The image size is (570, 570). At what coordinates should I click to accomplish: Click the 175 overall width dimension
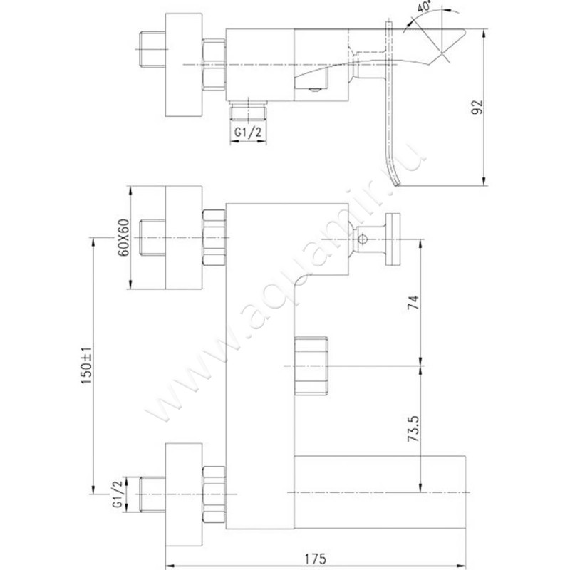coord(316,559)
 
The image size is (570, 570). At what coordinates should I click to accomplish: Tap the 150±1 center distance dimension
coord(87,366)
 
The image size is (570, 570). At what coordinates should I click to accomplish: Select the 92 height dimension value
coord(477,108)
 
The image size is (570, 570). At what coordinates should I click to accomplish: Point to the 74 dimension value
coord(413,303)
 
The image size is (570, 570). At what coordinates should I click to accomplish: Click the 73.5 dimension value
coord(413,429)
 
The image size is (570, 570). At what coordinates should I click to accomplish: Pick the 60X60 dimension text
coord(123,237)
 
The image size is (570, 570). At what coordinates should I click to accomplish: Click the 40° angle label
coord(423,6)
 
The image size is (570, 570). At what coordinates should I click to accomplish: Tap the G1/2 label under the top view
coord(248,132)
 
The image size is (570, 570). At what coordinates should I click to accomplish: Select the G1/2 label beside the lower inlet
coord(117,494)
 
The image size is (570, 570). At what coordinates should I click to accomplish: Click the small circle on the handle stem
coord(363,239)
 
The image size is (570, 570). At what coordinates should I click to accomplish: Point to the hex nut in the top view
coord(214,65)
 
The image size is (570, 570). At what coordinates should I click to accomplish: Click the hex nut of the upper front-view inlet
coord(214,237)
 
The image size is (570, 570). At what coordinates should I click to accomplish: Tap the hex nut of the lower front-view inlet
coord(214,494)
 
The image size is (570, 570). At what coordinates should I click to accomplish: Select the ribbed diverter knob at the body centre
coord(311,366)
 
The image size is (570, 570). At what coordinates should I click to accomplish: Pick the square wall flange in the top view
coord(184,65)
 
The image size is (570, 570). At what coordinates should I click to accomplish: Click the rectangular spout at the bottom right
coord(380,492)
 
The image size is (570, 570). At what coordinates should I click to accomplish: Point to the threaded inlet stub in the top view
coord(152,49)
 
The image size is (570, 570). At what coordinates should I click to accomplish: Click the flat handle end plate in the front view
coord(393,239)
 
